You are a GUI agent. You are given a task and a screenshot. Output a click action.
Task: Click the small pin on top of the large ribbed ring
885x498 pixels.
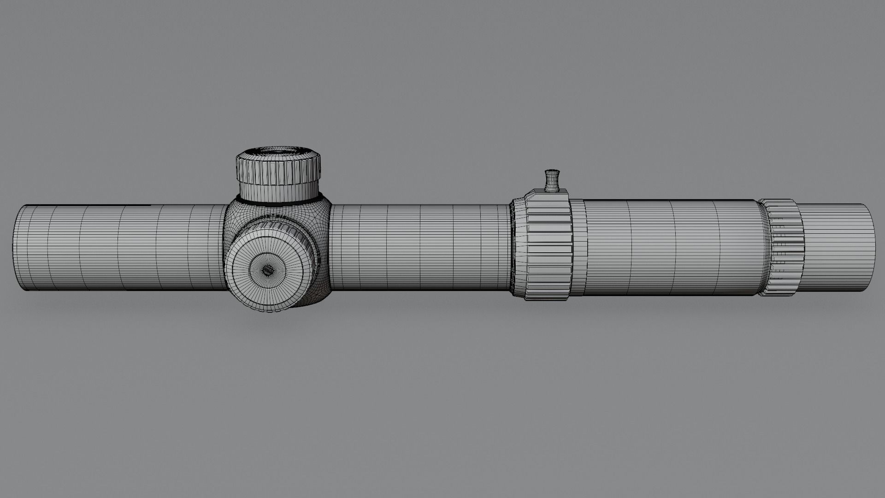[551, 180]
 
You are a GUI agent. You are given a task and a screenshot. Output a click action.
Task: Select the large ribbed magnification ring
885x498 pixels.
[549, 249]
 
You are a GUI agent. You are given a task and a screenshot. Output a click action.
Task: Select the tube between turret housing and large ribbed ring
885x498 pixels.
[419, 248]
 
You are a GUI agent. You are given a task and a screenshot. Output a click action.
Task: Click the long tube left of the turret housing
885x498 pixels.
[120, 248]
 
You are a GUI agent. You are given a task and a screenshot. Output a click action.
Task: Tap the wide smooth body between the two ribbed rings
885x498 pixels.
[668, 248]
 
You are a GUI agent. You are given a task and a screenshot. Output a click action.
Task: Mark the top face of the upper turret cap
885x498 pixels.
[278, 151]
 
